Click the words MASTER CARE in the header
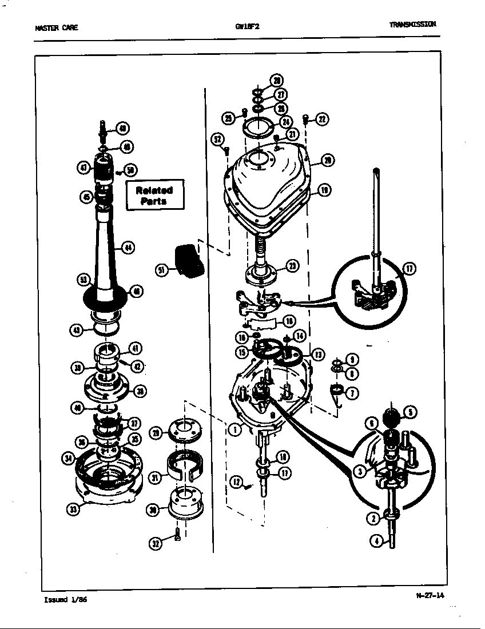tap(57, 27)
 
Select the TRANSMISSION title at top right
tap(412, 24)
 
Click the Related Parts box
tap(154, 196)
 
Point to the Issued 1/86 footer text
tap(66, 600)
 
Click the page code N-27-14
tap(430, 595)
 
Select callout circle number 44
tap(128, 248)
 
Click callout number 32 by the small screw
tap(156, 543)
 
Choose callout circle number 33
tap(72, 509)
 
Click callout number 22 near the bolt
tap(322, 119)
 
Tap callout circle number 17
tap(410, 268)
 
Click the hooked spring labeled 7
tap(337, 393)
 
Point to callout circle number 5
tap(410, 412)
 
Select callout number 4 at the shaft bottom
tap(375, 540)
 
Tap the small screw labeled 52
tap(226, 150)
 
